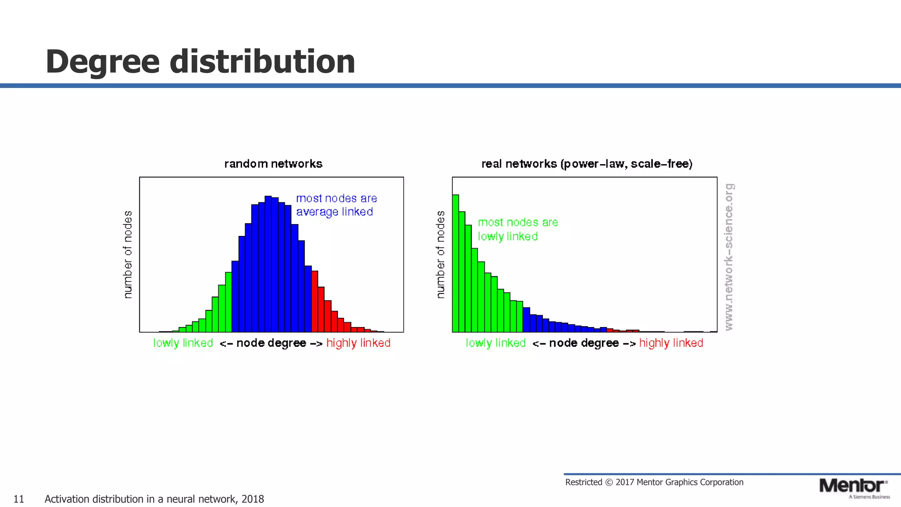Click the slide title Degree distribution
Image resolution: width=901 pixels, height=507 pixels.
pyautogui.click(x=200, y=62)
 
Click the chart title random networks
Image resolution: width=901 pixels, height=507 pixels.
pyautogui.click(x=273, y=164)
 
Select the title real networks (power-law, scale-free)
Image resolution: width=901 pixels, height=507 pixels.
pyautogui.click(x=587, y=164)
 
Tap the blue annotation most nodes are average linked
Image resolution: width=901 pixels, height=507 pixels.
pyautogui.click(x=336, y=205)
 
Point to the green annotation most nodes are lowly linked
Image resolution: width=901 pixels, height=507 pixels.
pyautogui.click(x=517, y=229)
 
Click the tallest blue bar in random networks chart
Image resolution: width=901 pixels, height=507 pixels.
pyautogui.click(x=268, y=264)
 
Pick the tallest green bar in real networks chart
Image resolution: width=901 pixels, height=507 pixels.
pyautogui.click(x=455, y=264)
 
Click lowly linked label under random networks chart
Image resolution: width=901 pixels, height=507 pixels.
pyautogui.click(x=183, y=343)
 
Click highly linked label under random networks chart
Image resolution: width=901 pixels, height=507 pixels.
pyautogui.click(x=358, y=343)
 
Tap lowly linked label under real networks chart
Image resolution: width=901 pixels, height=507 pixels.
pyautogui.click(x=496, y=343)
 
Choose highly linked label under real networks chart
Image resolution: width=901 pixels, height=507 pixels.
pyautogui.click(x=671, y=343)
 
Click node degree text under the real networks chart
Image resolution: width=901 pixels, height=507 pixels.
pyautogui.click(x=584, y=343)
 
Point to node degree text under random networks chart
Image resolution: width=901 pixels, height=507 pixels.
pyautogui.click(x=271, y=343)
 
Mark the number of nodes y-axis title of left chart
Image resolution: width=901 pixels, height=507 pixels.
pyautogui.click(x=128, y=254)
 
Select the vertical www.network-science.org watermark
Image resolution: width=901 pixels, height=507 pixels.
pyautogui.click(x=729, y=257)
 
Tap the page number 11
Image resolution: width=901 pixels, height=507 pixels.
pyautogui.click(x=19, y=499)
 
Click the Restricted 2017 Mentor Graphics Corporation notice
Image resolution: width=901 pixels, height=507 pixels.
pyautogui.click(x=654, y=482)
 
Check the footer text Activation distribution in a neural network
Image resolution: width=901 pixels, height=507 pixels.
pyautogui.click(x=154, y=499)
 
